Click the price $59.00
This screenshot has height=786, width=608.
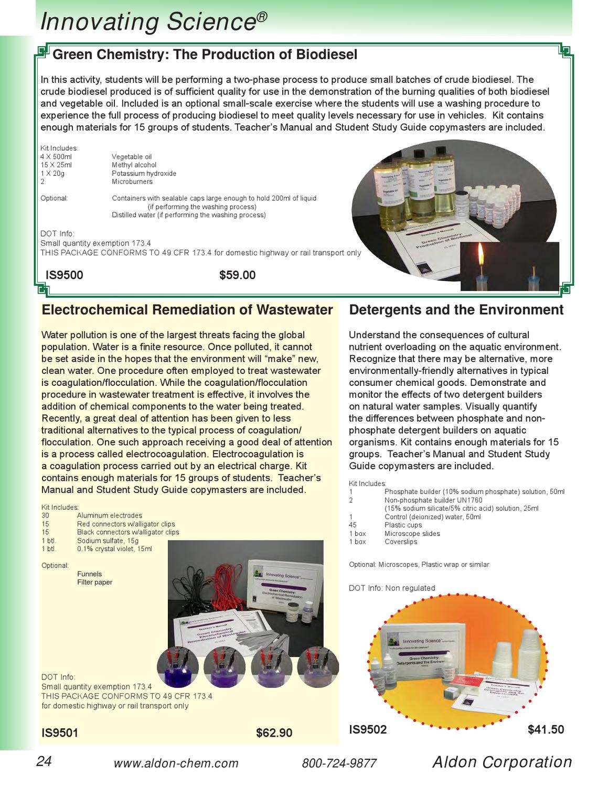click(237, 275)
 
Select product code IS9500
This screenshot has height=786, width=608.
click(65, 275)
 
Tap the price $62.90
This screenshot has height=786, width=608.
click(274, 733)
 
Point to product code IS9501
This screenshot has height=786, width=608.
click(60, 733)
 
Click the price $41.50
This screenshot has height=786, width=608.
click(546, 729)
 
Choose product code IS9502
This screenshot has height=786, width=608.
click(368, 729)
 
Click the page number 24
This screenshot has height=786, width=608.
click(44, 762)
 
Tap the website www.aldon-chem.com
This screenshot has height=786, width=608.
click(176, 763)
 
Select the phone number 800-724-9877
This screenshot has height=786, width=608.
click(339, 763)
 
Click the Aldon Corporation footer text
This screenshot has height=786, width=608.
click(502, 762)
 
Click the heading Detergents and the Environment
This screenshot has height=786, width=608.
click(456, 310)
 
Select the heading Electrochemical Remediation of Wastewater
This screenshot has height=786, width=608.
click(187, 310)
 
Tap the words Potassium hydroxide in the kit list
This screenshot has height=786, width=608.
click(144, 174)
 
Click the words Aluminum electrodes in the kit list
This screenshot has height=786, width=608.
click(109, 515)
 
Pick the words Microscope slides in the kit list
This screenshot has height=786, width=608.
click(412, 533)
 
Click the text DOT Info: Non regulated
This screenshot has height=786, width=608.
click(392, 588)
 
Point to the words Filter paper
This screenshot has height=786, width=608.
click(94, 582)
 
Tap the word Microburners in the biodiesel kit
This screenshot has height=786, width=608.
click(132, 182)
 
